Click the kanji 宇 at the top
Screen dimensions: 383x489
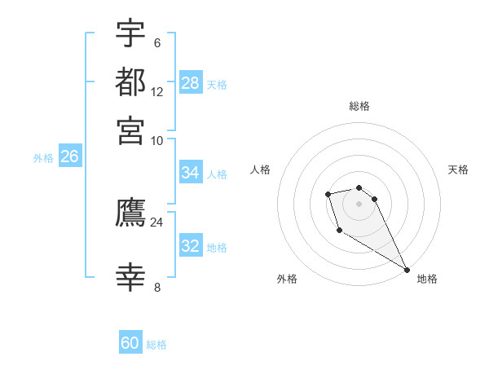[x=130, y=35]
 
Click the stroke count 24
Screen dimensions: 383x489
[x=156, y=222]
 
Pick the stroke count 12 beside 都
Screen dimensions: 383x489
[x=157, y=91]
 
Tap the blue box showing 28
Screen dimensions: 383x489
[x=191, y=83]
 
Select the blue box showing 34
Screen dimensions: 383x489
[x=191, y=173]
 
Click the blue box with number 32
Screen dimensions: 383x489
[x=191, y=246]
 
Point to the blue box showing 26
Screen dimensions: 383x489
[x=69, y=157]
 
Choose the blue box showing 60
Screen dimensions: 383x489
[x=130, y=343]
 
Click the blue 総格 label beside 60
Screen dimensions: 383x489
[x=156, y=345]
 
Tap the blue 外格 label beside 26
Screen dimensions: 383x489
[x=43, y=158]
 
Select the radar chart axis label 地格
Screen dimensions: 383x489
[x=427, y=279]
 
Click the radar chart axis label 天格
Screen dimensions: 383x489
[x=458, y=169]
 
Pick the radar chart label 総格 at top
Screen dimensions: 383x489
[x=359, y=106]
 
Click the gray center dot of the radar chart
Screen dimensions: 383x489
[x=359, y=203]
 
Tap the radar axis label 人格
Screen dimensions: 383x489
[x=260, y=169]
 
